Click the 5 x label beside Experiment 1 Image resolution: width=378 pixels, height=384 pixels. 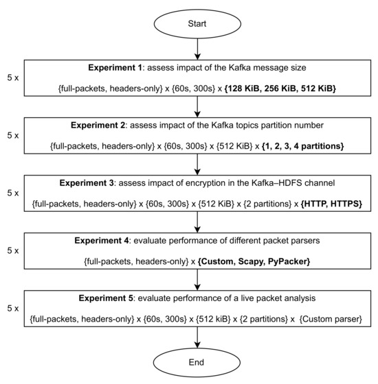click(x=12, y=78)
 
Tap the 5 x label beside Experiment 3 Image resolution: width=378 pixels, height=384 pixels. click(x=12, y=194)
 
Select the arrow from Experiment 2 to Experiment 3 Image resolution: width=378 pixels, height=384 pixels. click(x=197, y=165)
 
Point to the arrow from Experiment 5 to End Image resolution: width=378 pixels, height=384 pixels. click(x=197, y=336)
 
